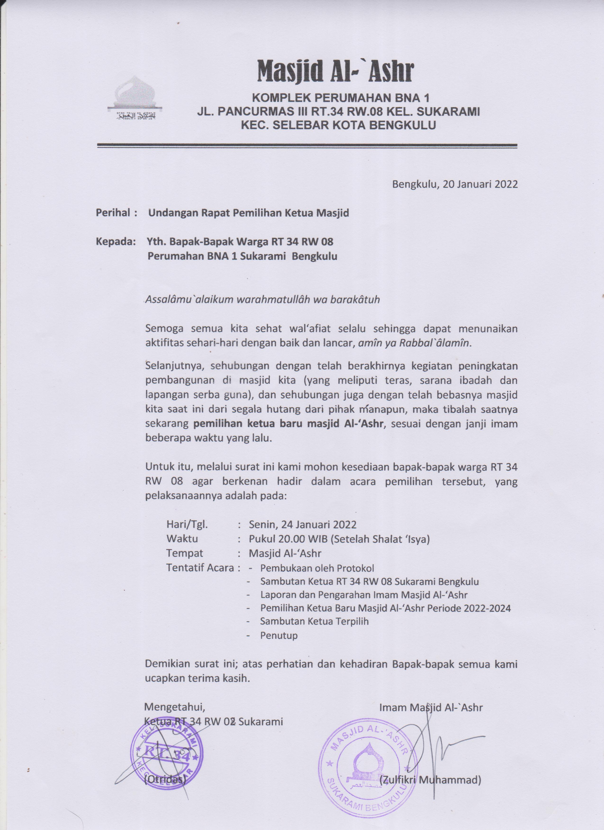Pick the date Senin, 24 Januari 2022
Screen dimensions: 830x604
click(302, 524)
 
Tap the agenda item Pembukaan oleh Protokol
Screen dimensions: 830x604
click(317, 568)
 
